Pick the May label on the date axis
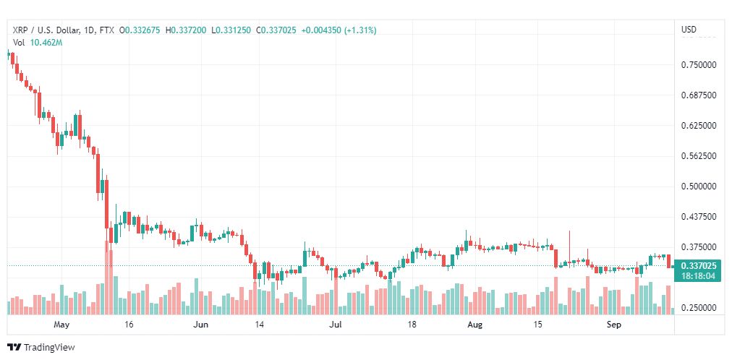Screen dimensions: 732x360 pyautogui.click(x=61, y=325)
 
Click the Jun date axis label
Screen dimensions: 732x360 pyautogui.click(x=201, y=325)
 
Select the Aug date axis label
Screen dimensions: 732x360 pyautogui.click(x=474, y=325)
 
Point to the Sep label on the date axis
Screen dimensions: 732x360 pyautogui.click(x=614, y=325)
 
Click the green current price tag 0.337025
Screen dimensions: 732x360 pyautogui.click(x=699, y=266)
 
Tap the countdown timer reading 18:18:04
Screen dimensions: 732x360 pyautogui.click(x=699, y=276)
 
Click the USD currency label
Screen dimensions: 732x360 pyautogui.click(x=689, y=30)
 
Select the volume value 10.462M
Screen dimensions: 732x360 pyautogui.click(x=46, y=43)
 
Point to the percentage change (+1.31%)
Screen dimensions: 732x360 pyautogui.click(x=360, y=30)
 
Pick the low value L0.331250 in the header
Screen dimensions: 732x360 pyautogui.click(x=231, y=30)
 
